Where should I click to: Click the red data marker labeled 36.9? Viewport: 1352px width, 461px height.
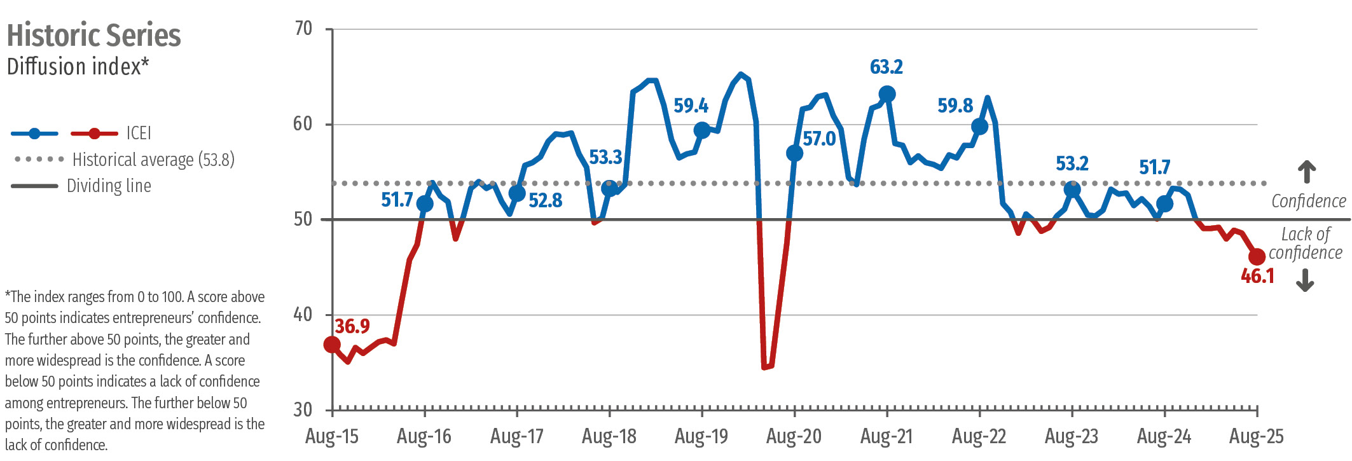(332, 345)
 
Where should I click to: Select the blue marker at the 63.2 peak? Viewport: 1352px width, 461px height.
(887, 94)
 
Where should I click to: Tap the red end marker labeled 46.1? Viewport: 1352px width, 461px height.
(1257, 257)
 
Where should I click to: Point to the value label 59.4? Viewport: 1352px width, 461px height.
(691, 106)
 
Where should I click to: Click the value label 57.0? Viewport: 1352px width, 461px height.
(819, 139)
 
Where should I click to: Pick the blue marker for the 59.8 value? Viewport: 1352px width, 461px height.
(979, 127)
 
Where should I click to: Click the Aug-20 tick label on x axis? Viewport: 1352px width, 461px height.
(794, 436)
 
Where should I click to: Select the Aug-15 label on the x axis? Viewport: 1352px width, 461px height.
(332, 436)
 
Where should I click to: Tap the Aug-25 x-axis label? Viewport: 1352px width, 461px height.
(1256, 436)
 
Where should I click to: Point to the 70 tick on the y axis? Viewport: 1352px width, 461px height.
(303, 29)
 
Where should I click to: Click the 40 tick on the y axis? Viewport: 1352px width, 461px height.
(303, 315)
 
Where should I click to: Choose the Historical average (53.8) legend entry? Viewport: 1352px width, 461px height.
(153, 160)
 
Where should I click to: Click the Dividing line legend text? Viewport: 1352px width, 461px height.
(109, 186)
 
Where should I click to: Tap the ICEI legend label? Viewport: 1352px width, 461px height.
(139, 133)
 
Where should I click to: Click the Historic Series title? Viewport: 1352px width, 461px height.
(93, 36)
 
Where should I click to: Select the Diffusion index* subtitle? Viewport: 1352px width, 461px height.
(78, 67)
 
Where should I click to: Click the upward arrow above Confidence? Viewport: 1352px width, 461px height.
(1306, 172)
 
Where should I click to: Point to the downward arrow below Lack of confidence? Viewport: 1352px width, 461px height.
(1305, 280)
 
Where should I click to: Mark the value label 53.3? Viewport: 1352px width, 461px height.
(605, 157)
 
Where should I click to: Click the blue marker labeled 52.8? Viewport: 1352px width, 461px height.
(517, 193)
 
